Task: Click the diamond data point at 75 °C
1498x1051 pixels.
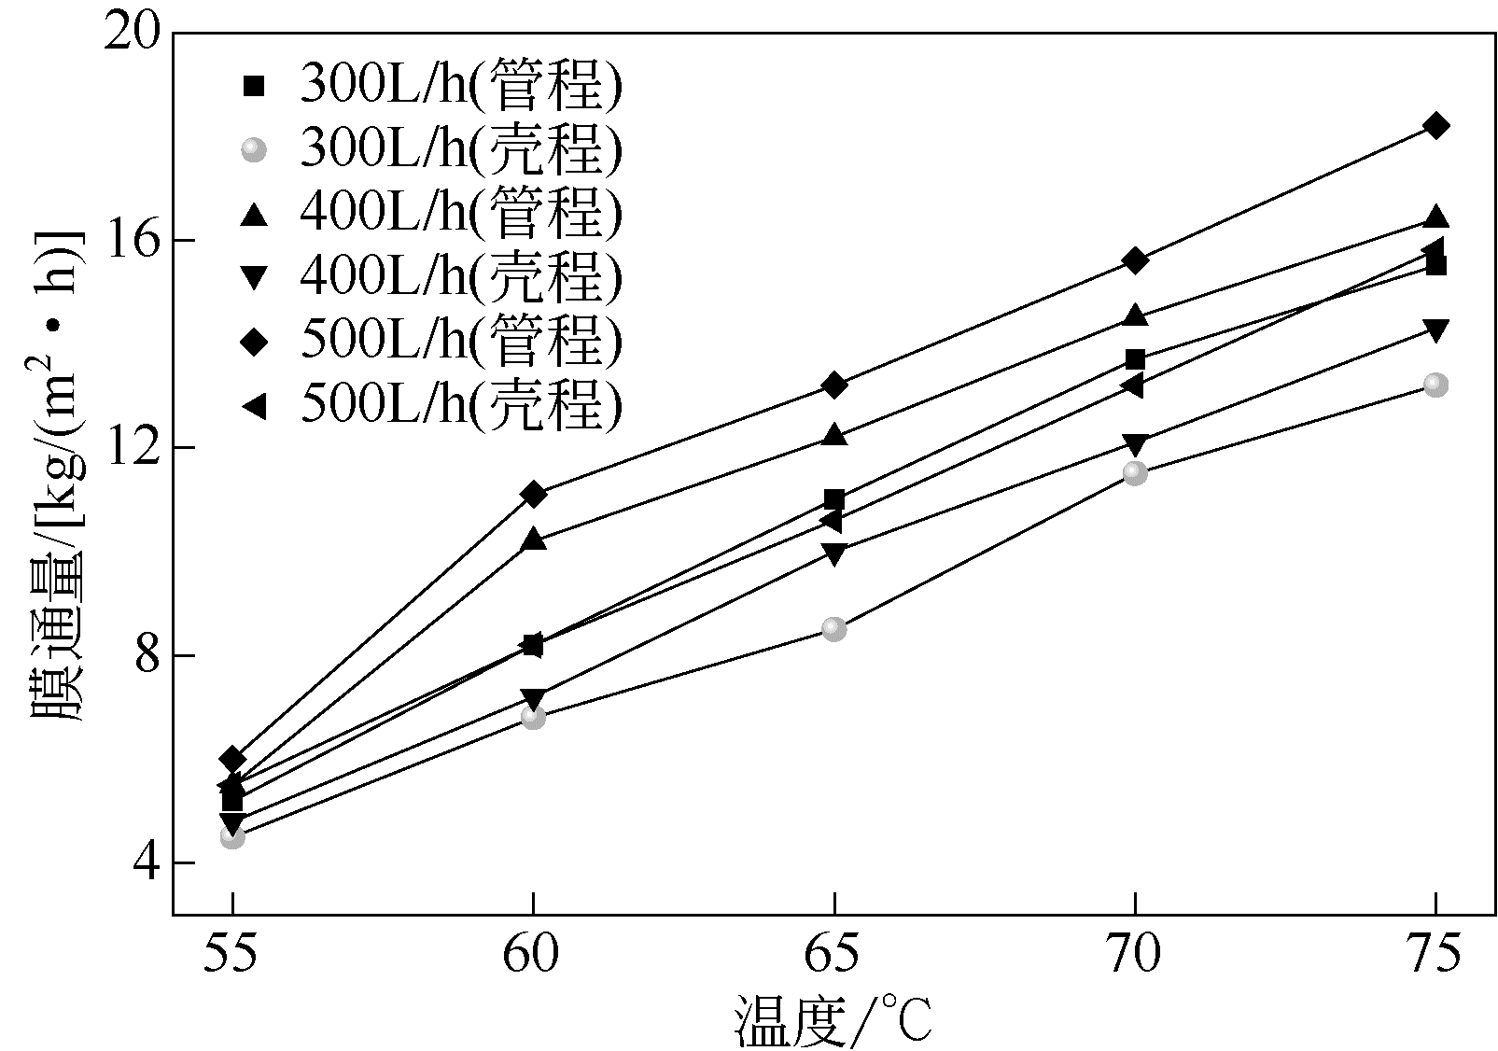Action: pyautogui.click(x=1435, y=126)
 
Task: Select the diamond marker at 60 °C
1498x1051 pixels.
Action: pyautogui.click(x=533, y=494)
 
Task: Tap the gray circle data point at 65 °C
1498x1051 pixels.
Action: pyautogui.click(x=834, y=629)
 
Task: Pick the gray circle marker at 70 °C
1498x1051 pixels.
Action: pyautogui.click(x=1135, y=473)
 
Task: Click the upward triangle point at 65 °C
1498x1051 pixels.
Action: pyautogui.click(x=834, y=435)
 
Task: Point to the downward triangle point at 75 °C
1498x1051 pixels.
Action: pyautogui.click(x=1435, y=329)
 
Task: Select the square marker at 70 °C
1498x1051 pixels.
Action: pyautogui.click(x=1135, y=359)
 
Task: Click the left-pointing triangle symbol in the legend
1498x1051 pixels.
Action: pyautogui.click(x=253, y=406)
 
